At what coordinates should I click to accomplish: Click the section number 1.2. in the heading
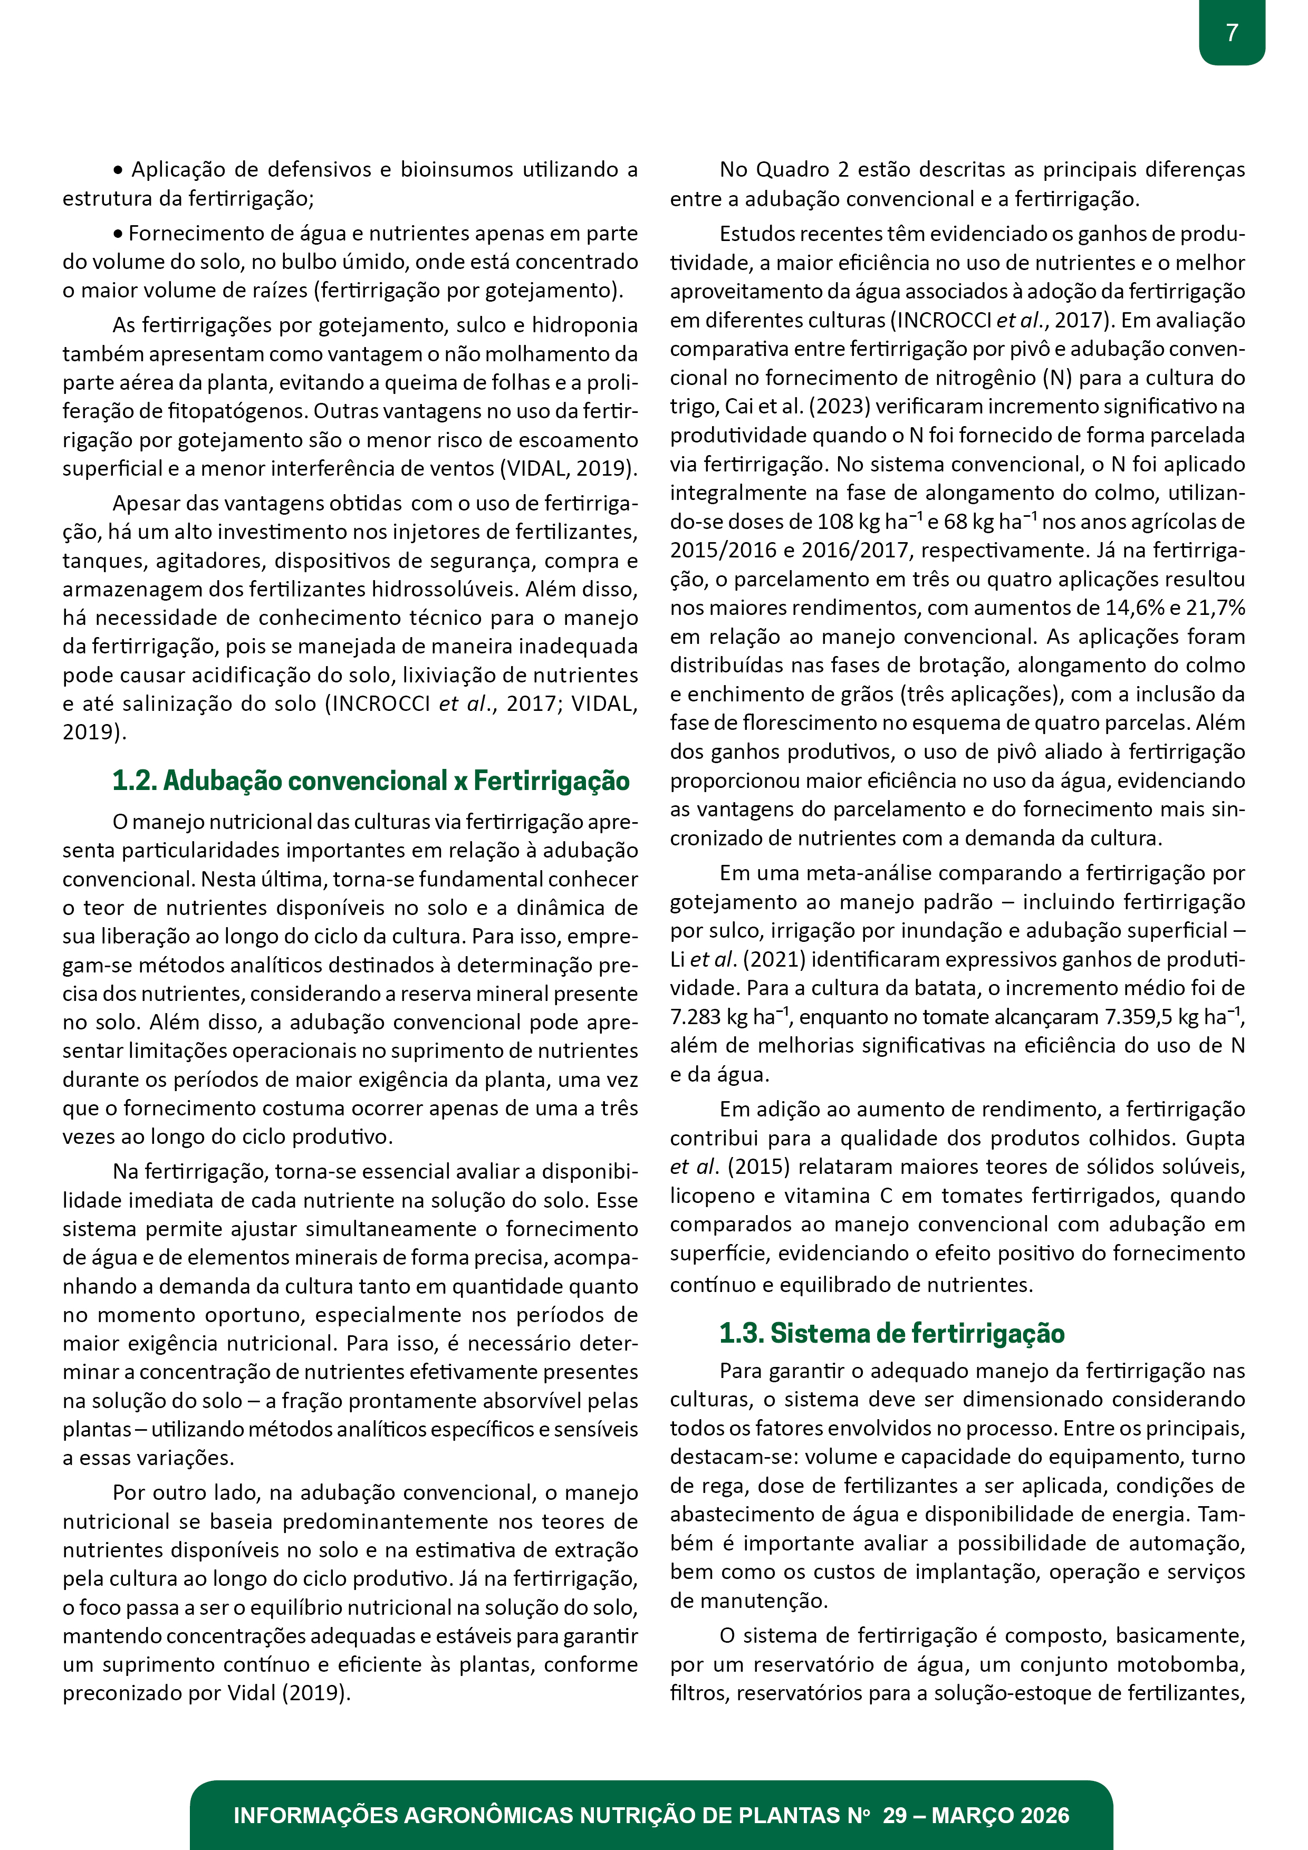pyautogui.click(x=134, y=781)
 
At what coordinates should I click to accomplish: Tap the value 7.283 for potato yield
pyautogui.click(x=696, y=1017)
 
